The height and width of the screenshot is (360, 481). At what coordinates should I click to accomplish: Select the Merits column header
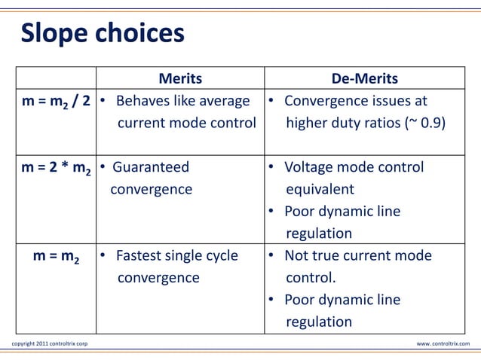pos(179,80)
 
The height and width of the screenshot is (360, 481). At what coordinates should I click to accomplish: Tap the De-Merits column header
pos(365,80)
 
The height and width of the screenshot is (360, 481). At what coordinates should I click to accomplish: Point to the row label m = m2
pos(62,257)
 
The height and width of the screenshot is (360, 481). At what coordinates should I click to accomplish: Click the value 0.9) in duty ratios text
pos(432,123)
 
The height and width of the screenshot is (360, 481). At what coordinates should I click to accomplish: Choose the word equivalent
pos(320,189)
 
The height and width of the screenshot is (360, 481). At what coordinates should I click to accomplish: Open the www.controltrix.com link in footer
pos(443,344)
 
